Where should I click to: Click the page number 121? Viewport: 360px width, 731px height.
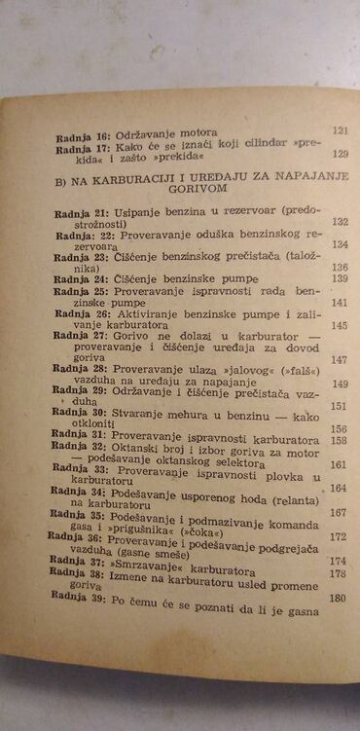click(340, 129)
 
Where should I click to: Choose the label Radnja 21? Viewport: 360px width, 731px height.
click(81, 223)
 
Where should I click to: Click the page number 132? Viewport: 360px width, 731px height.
click(340, 222)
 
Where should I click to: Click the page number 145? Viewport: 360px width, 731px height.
click(340, 325)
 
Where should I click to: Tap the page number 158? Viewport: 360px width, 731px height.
click(339, 440)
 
